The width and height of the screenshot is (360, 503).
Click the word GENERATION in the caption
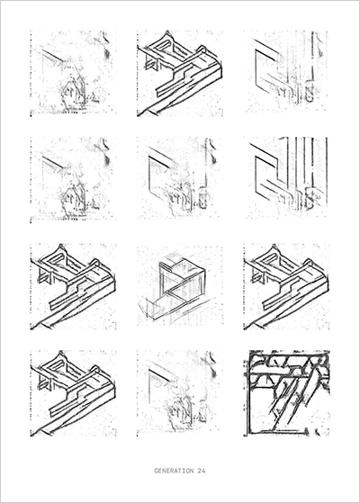[174, 471]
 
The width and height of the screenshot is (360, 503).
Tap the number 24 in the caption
[202, 471]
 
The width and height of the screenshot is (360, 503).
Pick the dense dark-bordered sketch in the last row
[286, 393]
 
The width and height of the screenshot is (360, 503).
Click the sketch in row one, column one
[73, 73]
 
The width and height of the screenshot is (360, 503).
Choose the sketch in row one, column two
[180, 73]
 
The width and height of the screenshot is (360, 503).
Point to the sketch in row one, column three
[286, 73]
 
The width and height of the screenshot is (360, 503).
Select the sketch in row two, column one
[73, 180]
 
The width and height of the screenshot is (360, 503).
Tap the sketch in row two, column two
[180, 180]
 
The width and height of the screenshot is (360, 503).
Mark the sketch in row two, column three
[286, 180]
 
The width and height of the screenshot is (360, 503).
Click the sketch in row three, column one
[73, 286]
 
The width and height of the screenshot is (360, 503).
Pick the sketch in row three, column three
[286, 286]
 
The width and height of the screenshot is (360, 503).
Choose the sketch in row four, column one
[73, 393]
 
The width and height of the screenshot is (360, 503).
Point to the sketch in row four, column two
[180, 393]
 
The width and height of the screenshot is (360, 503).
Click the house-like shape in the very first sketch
[73, 94]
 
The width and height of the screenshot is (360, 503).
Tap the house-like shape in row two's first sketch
[73, 201]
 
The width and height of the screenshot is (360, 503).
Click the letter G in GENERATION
[156, 471]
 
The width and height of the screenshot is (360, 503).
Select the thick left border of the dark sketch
[247, 393]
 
